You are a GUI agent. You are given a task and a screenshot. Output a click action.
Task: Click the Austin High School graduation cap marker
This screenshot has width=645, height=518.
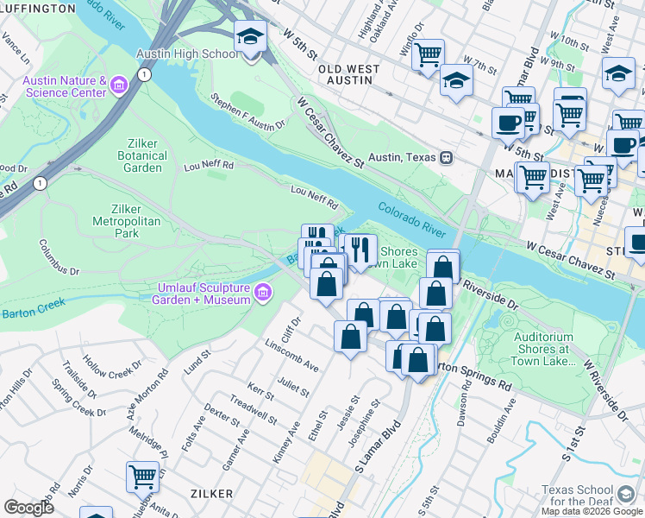[x=250, y=38]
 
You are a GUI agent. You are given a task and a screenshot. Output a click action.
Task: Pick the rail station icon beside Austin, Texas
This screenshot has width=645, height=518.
[x=447, y=157]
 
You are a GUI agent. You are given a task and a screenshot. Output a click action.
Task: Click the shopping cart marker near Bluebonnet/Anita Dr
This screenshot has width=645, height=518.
[x=141, y=476]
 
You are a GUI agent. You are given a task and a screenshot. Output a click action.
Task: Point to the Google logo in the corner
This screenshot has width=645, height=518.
[x=28, y=508]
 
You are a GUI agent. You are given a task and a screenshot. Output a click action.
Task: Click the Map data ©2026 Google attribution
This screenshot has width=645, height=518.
[x=592, y=511]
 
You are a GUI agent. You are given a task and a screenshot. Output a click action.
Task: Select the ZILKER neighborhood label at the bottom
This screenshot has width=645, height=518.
[x=209, y=493]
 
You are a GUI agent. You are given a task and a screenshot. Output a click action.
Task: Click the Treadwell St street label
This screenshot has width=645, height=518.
[x=252, y=412]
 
